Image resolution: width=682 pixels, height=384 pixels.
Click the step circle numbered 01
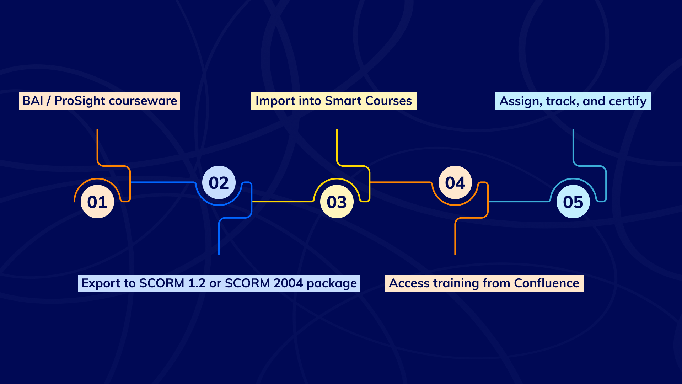[x=97, y=202]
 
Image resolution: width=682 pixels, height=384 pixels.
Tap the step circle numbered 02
[x=219, y=182]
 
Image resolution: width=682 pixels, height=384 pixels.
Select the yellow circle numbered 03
[x=337, y=202]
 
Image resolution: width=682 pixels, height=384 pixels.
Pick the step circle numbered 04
[x=455, y=182]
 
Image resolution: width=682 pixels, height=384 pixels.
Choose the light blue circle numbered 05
[x=573, y=202]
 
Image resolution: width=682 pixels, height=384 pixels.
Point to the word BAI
[x=33, y=101]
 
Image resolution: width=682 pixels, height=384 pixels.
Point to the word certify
[x=628, y=102]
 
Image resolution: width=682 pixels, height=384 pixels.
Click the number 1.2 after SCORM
[x=197, y=283]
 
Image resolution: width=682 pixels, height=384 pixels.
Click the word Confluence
[x=547, y=283]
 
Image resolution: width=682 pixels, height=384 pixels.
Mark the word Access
[x=409, y=283]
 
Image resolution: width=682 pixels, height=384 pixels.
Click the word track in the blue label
[x=563, y=102]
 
